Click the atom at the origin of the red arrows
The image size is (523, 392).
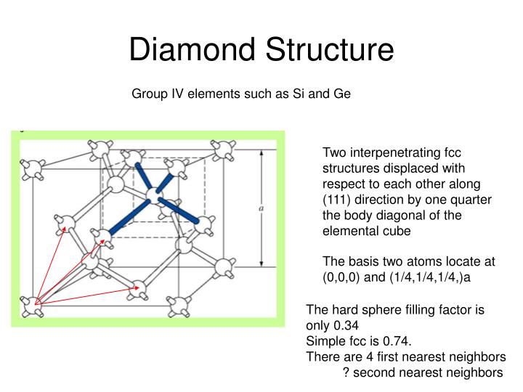tap(32, 306)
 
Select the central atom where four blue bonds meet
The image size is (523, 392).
tap(153, 195)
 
